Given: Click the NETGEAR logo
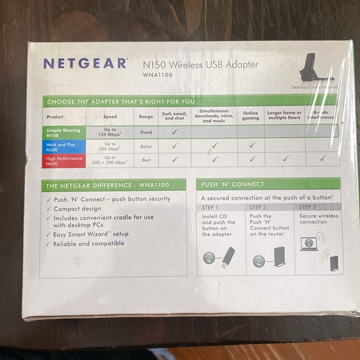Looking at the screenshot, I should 84,64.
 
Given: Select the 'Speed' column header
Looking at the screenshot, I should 110,116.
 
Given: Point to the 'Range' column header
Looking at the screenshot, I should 146,116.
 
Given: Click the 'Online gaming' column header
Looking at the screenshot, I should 250,115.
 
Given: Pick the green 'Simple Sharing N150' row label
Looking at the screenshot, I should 63,132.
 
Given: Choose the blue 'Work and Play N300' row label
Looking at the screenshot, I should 63,145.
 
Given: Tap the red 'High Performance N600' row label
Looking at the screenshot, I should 63,160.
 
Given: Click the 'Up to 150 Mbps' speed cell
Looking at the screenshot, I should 110,132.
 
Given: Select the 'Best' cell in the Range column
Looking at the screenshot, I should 146,160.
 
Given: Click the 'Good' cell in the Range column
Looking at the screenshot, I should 146,132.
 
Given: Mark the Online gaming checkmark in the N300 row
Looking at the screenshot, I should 250,145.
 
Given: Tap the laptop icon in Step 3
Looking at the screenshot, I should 308,244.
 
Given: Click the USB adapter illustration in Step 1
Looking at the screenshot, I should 227,256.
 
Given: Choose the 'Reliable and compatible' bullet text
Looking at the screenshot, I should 88,243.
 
